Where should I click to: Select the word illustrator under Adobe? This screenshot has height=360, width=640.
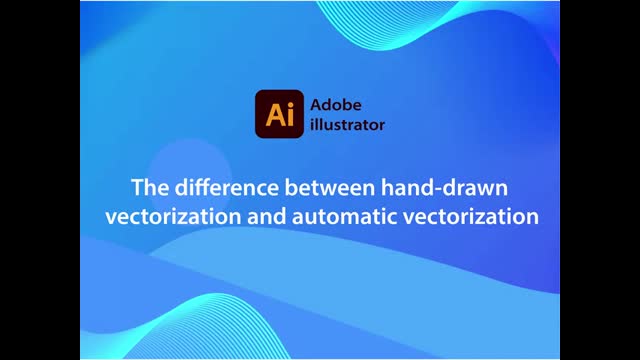346,126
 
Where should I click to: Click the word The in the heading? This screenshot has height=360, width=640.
150,186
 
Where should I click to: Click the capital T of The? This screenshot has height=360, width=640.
139,186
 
